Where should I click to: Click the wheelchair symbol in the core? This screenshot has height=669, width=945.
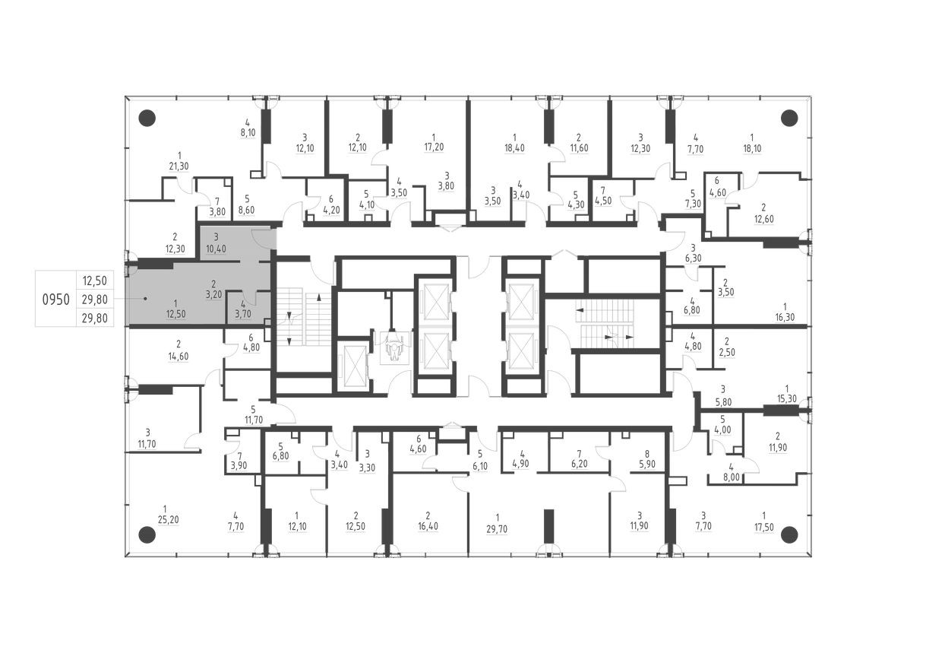click(x=393, y=347)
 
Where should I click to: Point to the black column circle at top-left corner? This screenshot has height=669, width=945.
click(x=147, y=118)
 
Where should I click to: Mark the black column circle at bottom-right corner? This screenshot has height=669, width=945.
click(x=789, y=534)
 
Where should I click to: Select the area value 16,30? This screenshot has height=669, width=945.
click(x=785, y=318)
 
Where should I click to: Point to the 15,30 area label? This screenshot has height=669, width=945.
click(x=786, y=399)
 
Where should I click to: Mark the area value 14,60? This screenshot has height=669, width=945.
click(x=178, y=354)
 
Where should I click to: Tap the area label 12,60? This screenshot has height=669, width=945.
click(x=763, y=218)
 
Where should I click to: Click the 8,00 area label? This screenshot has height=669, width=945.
click(x=731, y=479)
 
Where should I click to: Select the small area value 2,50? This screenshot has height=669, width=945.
click(x=726, y=352)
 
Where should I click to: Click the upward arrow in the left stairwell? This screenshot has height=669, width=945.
click(x=318, y=297)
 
